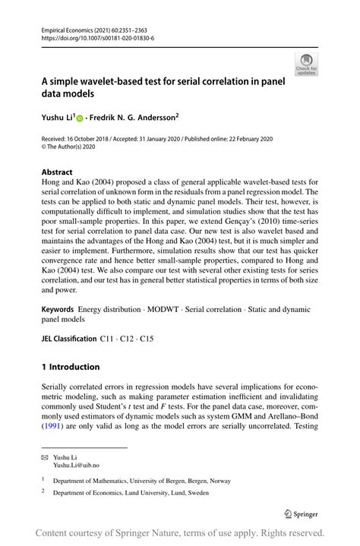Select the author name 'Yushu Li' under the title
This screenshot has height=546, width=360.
[x=58, y=118]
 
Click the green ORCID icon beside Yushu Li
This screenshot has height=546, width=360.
[x=81, y=118]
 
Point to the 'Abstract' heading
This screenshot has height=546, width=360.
[x=57, y=172]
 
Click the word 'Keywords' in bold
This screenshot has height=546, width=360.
[x=58, y=311]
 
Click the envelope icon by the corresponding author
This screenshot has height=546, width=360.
[x=46, y=457]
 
